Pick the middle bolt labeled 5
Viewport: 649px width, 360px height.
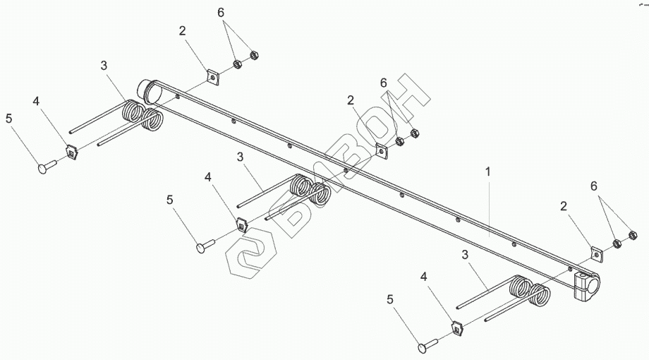pos(207,246)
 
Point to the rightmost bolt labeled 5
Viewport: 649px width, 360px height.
pos(428,346)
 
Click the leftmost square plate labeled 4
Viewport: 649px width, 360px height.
pos(71,150)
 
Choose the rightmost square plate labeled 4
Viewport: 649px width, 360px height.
pos(457,328)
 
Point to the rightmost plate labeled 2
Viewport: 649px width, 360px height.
pos(595,255)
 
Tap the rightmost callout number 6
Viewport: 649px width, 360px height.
pos(594,186)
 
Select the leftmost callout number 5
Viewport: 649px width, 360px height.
pos(9,118)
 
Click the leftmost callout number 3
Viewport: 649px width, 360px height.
pos(104,66)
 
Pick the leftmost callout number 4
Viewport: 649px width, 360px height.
pos(36,101)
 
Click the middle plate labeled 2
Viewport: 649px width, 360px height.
pos(382,150)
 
